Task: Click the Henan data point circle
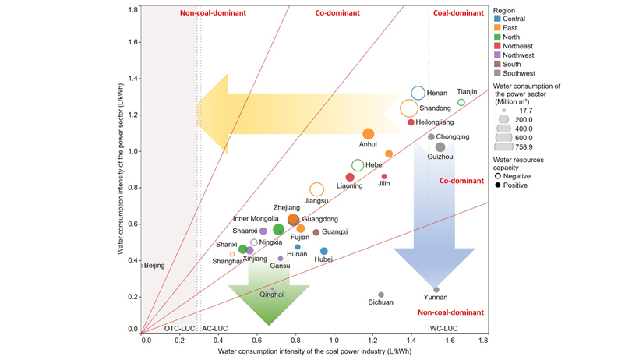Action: (x=418, y=94)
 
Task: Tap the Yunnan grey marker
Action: (x=436, y=290)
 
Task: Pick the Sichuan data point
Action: (x=381, y=295)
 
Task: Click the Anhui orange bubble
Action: (x=369, y=134)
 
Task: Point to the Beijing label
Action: (x=154, y=266)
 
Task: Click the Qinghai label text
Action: (x=271, y=295)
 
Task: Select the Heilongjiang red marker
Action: (x=411, y=122)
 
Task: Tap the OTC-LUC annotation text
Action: (x=178, y=330)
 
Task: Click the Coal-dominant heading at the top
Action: (x=456, y=13)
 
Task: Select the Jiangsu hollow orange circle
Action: (x=316, y=189)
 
